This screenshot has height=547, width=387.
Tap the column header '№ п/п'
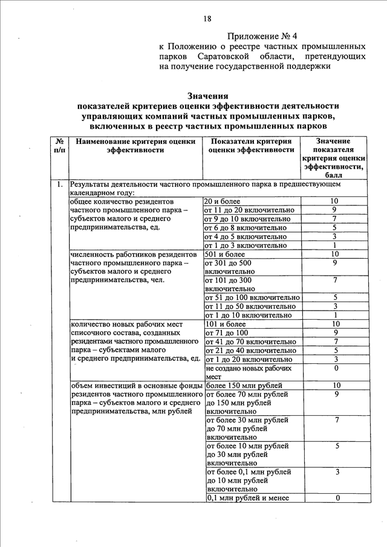coord(59,146)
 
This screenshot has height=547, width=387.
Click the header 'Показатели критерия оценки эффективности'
coord(251,146)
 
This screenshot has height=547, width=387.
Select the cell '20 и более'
coord(223,201)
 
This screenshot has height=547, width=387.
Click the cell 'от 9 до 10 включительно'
coord(246,219)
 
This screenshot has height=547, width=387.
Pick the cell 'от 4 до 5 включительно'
coord(246,236)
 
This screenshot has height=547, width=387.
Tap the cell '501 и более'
coord(224,254)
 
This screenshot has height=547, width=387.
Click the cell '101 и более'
coord(224,324)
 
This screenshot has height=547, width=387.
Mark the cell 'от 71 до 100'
coord(227,332)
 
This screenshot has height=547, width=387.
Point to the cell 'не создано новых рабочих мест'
coord(249,372)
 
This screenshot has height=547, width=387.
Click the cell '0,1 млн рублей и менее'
coord(248,498)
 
